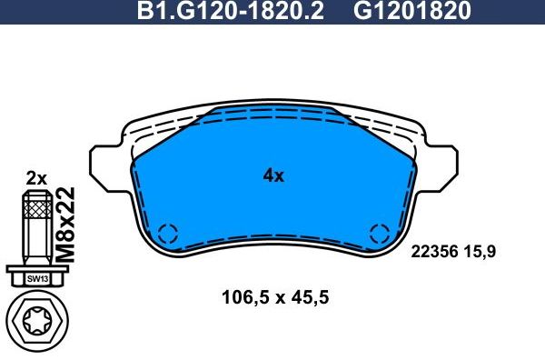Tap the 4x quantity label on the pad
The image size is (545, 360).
point(273,176)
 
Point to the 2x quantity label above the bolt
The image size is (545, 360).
point(36,178)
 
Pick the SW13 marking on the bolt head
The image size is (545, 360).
point(36,277)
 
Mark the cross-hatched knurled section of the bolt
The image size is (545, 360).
point(36,213)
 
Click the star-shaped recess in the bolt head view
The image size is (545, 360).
point(36,322)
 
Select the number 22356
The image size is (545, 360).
point(435,250)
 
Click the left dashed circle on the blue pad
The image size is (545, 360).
point(167,233)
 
